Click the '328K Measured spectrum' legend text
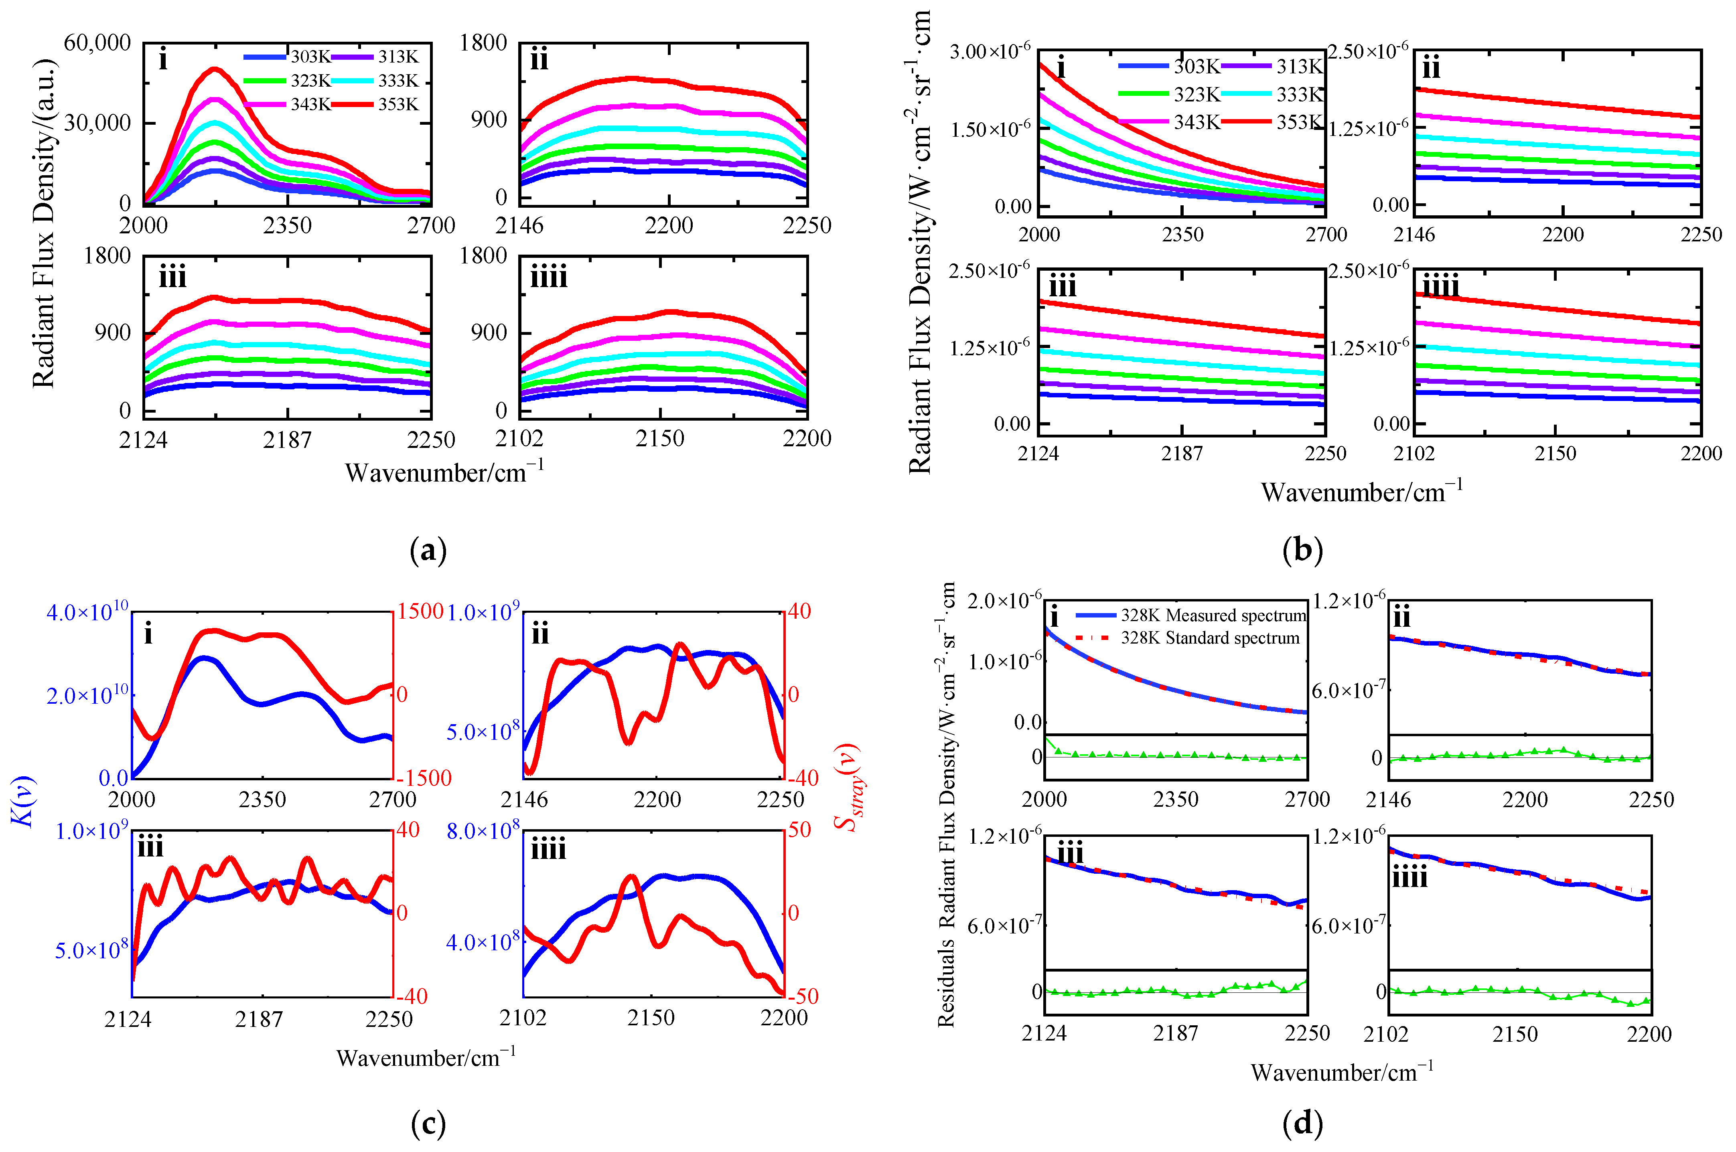coord(1213,615)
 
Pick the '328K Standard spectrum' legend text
coord(1210,638)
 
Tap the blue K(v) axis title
coord(26,801)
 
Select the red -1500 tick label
coord(423,778)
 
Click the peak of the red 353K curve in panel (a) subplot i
coord(214,69)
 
